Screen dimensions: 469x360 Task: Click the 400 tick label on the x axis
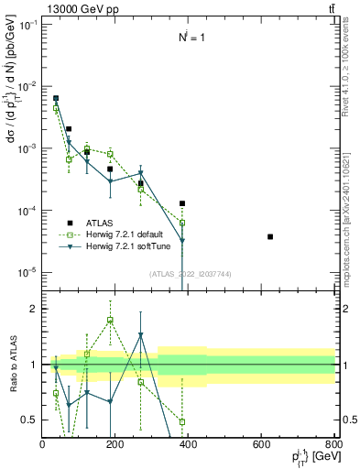189,444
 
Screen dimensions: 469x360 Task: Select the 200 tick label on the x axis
115,444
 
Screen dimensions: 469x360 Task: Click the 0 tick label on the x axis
43,444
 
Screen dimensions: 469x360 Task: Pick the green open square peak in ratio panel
110,320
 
